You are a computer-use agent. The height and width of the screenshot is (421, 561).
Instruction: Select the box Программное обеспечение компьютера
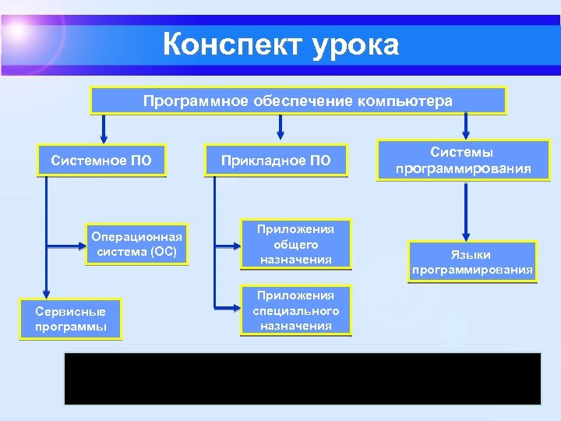[298, 101]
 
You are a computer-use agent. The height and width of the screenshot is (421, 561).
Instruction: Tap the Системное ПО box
[101, 161]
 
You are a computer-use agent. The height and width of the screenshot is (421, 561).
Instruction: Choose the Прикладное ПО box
[276, 161]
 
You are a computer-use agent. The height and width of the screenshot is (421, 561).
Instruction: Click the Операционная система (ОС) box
[137, 244]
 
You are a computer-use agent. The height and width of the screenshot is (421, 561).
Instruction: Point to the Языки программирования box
[473, 263]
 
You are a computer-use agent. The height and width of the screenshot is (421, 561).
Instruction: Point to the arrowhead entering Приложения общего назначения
[236, 244]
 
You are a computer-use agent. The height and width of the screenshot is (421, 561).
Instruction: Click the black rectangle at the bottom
[302, 378]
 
